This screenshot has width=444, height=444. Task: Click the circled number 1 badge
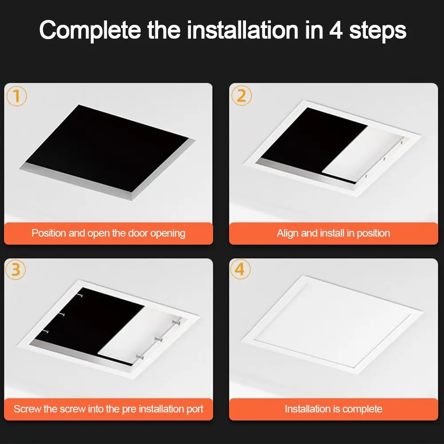pos(17,95)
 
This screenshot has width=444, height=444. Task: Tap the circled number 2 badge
pos(242,95)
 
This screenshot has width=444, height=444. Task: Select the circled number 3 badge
pos(17,270)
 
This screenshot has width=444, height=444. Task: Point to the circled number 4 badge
pos(242,270)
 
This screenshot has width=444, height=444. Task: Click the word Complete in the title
pos(90,31)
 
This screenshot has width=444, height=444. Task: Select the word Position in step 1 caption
pos(49,233)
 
